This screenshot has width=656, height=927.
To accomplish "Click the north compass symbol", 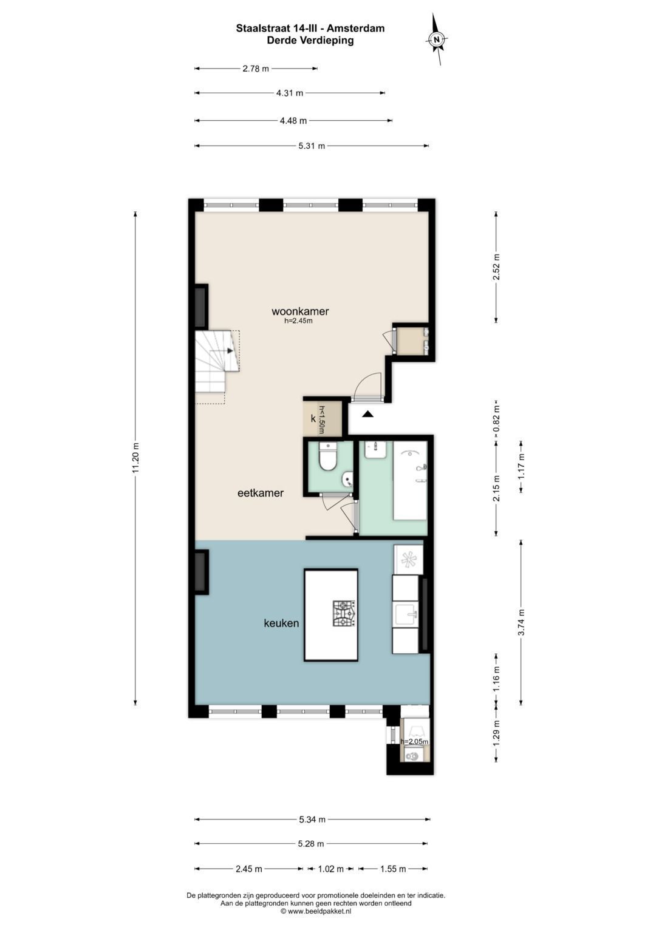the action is tap(437, 39).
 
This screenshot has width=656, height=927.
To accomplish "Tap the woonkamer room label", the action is tap(300, 311).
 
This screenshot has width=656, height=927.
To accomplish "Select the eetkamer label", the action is tap(260, 493).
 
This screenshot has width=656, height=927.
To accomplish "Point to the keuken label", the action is tap(281, 623).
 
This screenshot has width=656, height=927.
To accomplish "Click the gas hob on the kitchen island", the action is tap(344, 613).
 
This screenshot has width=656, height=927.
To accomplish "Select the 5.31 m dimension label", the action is tap(312, 146).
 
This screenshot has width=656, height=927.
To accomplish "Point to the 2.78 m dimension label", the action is tap(256, 69).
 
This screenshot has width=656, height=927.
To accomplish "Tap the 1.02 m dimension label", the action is tap(330, 869).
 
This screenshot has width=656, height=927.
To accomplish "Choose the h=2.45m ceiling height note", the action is tap(298, 321).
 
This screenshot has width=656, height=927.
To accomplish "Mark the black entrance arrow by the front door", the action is tap(367, 414).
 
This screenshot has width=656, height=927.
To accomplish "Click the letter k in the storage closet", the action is tap(313, 418).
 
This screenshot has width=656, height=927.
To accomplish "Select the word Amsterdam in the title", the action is tap(360, 28).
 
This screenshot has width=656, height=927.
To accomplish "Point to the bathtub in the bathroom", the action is tap(410, 480).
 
